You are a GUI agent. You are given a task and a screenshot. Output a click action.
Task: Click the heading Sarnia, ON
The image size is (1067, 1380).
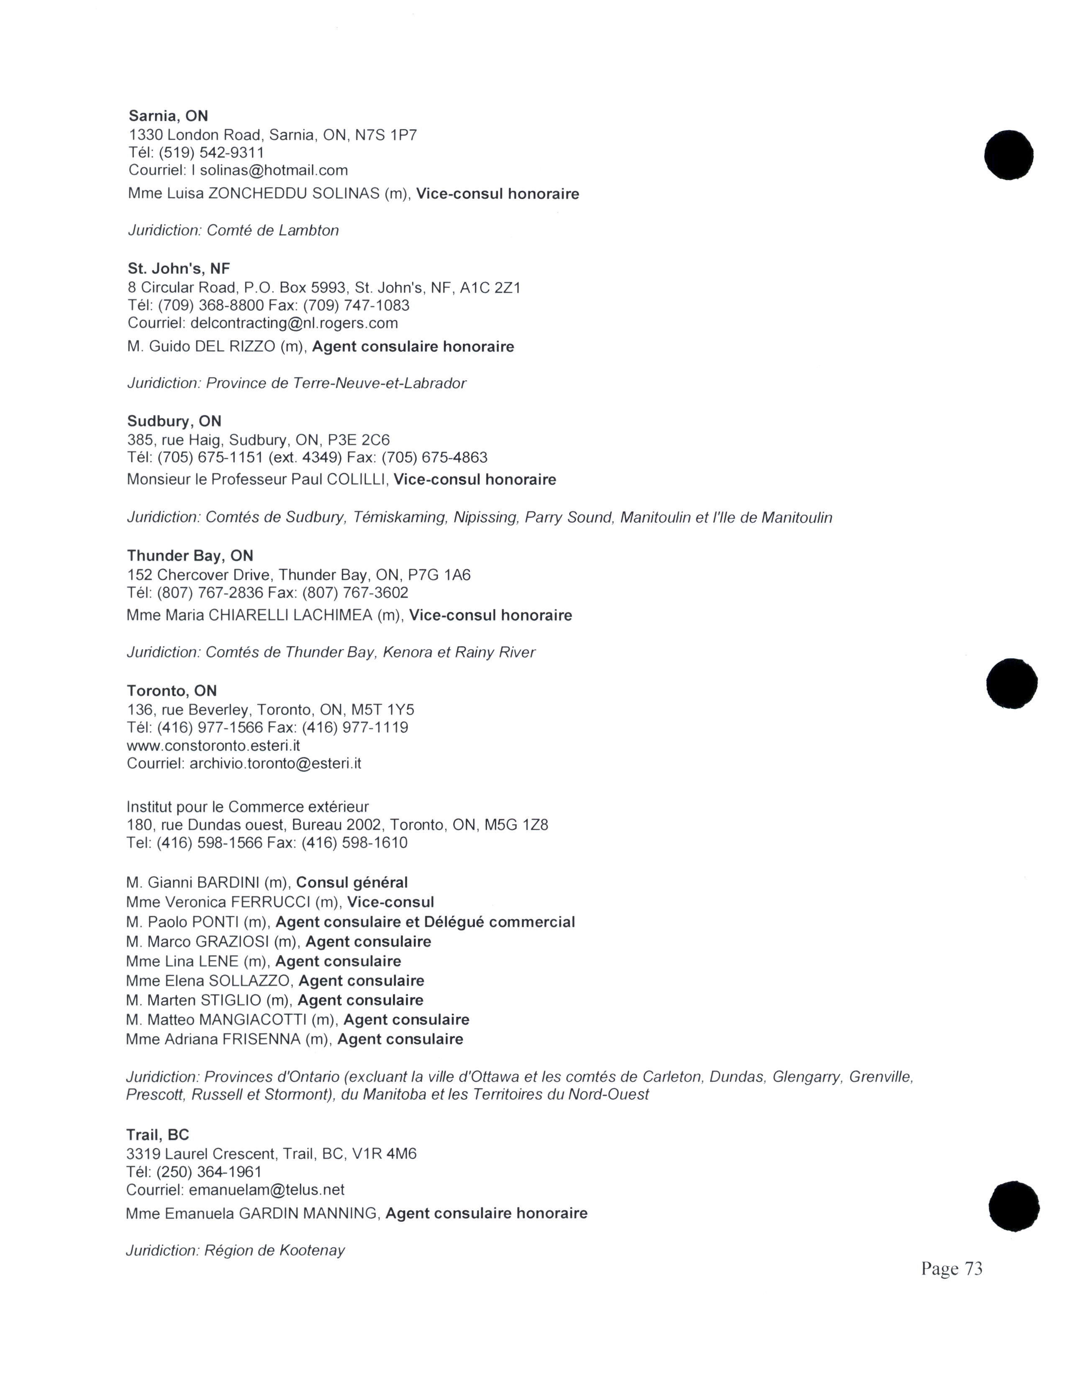click(168, 116)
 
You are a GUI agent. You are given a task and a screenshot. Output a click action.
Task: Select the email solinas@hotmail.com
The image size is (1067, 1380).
click(274, 170)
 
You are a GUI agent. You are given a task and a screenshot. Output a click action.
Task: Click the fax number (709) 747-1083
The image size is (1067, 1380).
click(356, 305)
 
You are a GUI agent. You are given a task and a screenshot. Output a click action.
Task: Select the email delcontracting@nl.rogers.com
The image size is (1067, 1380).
click(294, 323)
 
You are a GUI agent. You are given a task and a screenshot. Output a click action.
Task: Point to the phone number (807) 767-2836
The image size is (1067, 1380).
click(210, 593)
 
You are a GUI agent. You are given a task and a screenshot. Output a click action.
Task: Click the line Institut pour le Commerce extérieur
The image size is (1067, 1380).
click(247, 807)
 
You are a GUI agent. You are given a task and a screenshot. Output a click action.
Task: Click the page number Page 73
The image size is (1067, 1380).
click(952, 1268)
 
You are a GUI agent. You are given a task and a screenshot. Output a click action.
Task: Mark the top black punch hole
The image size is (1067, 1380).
click(1008, 155)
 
